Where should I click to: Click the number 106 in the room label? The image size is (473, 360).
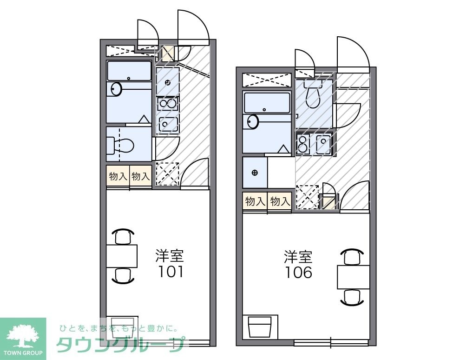tap(299, 272)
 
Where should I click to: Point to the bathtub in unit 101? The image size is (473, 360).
tap(129, 71)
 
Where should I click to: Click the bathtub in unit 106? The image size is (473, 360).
tap(267, 103)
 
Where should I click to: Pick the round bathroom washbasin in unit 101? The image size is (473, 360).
tap(116, 88)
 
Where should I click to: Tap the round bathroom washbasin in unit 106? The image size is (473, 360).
tap(253, 122)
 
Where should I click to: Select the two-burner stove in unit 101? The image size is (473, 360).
tap(167, 104)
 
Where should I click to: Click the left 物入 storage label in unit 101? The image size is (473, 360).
tap(118, 176)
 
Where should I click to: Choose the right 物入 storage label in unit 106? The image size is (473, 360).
tap(280, 201)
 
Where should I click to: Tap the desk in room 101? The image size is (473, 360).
tap(122, 256)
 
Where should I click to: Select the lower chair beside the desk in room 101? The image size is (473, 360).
tap(123, 276)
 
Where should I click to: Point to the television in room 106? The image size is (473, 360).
tap(260, 327)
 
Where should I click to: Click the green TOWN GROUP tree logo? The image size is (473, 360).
tap(23, 334)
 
